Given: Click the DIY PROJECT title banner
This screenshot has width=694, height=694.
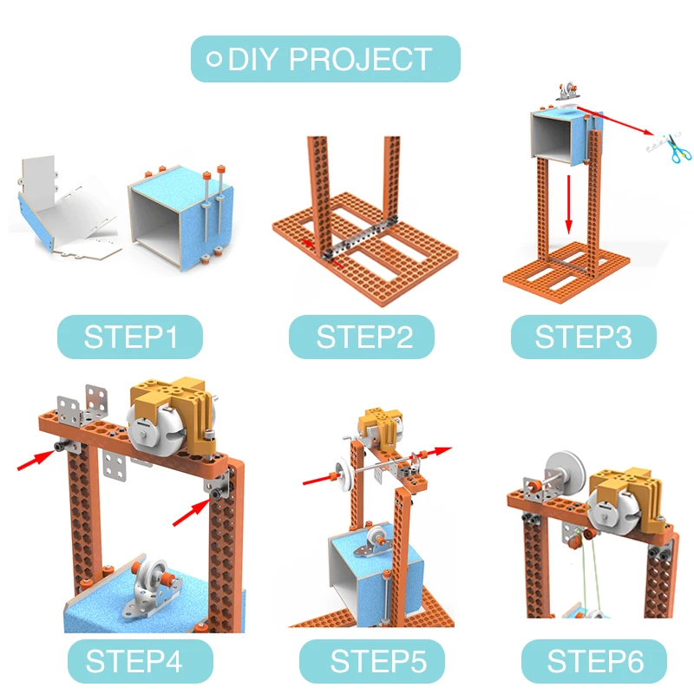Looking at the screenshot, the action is coord(325,59).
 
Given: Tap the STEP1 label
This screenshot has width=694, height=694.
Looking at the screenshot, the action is coord(130,337).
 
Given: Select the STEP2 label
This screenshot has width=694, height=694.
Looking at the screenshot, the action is coord(362,337).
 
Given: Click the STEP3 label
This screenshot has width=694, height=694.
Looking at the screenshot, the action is coord(583,337).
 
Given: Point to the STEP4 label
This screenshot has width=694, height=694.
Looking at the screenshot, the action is coord(141,661).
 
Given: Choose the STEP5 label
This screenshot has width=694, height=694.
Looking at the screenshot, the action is coord(372,661).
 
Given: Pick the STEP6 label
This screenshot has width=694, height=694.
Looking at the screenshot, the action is coord(594,661).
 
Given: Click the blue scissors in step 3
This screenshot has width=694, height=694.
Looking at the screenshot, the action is coord(678,150).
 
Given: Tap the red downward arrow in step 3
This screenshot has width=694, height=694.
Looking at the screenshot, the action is coord(569,204).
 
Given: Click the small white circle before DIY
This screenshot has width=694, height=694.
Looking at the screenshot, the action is coord(214,59).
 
